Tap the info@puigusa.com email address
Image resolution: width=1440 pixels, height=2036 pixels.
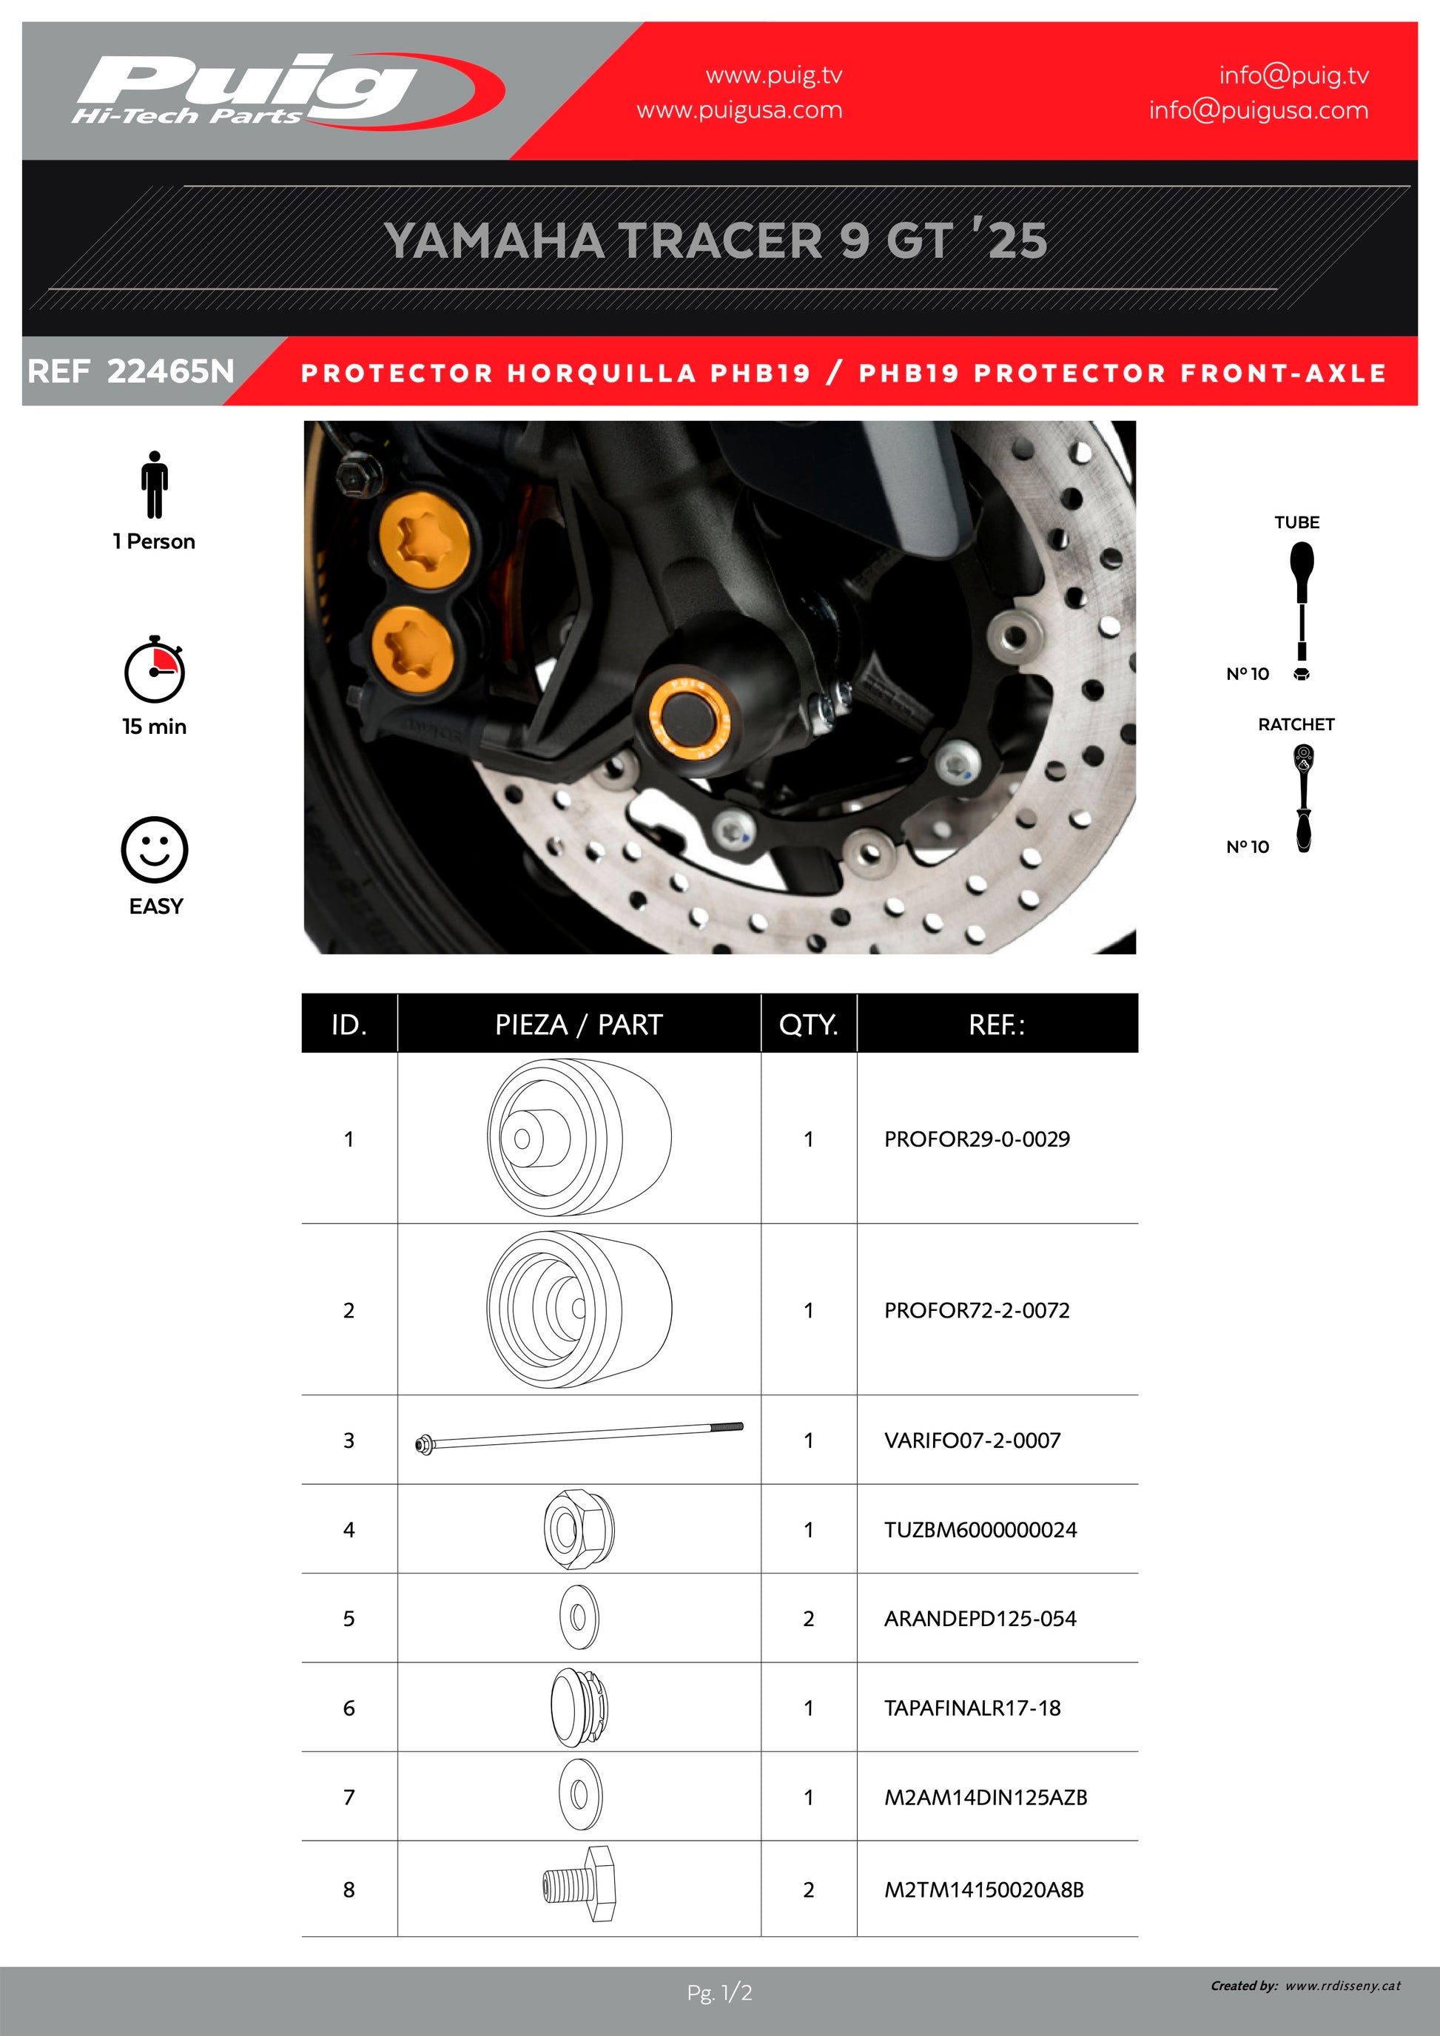point(1258,110)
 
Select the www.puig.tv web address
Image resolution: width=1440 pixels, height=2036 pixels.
point(774,75)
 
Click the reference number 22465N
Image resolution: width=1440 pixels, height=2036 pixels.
point(170,371)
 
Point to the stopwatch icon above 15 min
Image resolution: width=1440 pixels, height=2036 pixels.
point(154,670)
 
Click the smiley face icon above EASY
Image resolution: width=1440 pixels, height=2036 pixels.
point(154,849)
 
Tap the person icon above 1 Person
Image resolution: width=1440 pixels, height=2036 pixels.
point(154,484)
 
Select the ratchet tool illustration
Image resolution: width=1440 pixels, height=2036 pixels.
point(1302,798)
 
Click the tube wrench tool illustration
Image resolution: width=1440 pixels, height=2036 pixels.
point(1302,611)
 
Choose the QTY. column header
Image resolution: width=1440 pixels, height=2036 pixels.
point(809,1024)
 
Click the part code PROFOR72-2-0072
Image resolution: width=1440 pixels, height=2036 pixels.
point(976,1309)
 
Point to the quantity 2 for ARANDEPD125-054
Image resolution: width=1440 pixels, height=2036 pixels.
point(809,1618)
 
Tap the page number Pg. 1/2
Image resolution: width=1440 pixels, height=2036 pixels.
point(719,1993)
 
